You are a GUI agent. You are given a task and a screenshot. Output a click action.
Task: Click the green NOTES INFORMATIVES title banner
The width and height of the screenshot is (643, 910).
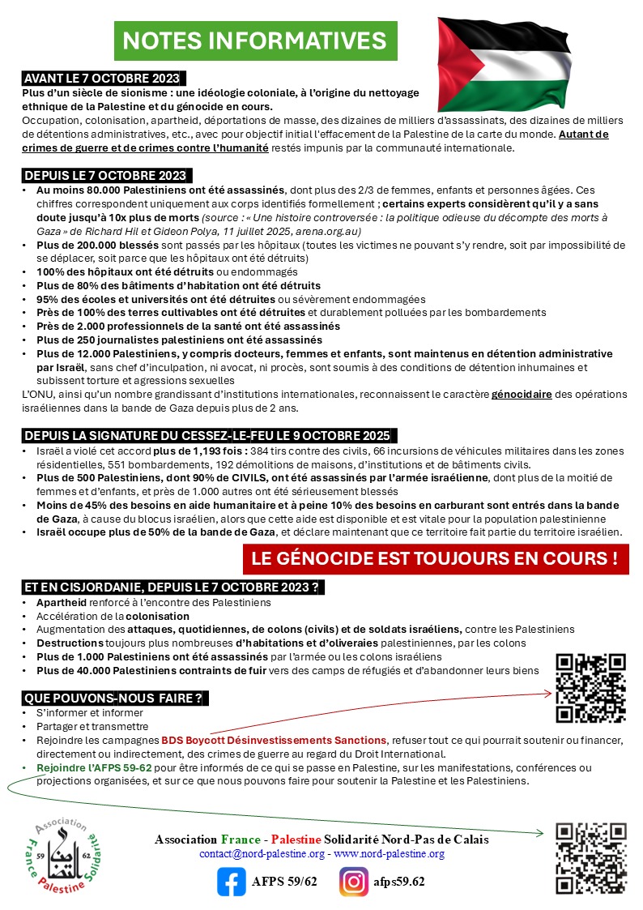coord(255,40)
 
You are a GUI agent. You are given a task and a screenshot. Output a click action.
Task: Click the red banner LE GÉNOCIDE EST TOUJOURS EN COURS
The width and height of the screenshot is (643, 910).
coord(435,558)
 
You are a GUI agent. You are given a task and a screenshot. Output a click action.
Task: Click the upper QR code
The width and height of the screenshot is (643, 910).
coord(591,687)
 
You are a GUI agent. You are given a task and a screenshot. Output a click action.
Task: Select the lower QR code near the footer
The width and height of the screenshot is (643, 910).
coord(591,858)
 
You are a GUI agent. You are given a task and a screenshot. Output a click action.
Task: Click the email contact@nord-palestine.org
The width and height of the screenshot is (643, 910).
coord(262,854)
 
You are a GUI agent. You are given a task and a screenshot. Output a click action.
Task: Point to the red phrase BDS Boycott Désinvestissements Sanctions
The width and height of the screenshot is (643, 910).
coord(275,741)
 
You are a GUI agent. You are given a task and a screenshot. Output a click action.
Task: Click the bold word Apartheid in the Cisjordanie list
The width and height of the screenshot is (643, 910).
coord(62,603)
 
